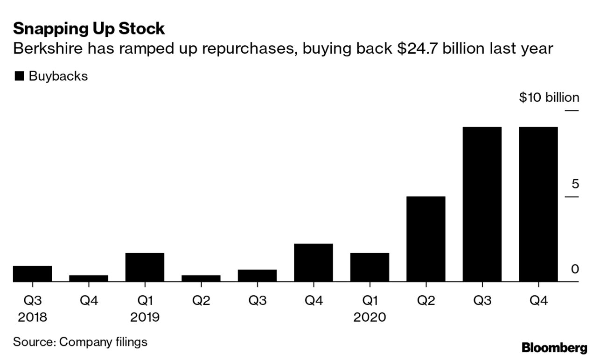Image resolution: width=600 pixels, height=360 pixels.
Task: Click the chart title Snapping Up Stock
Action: click(x=89, y=29)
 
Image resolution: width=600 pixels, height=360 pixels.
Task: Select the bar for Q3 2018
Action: click(x=32, y=274)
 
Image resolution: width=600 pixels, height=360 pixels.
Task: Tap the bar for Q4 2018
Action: click(x=89, y=278)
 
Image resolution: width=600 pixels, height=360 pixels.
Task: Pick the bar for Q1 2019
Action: click(x=145, y=267)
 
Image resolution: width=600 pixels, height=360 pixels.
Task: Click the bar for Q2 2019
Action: click(x=201, y=278)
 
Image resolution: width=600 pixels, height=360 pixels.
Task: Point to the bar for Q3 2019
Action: click(x=257, y=276)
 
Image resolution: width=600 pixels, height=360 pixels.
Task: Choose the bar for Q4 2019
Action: click(x=314, y=263)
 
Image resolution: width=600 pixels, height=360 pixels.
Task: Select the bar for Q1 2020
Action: click(x=370, y=267)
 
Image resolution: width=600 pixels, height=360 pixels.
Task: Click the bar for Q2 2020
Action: click(x=426, y=239)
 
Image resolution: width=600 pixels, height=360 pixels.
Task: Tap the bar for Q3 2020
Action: click(x=482, y=204)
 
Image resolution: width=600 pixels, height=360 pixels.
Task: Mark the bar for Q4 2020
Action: click(x=538, y=204)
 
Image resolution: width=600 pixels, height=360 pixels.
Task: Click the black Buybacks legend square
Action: click(x=19, y=76)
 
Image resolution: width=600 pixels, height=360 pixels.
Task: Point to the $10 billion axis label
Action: click(x=549, y=97)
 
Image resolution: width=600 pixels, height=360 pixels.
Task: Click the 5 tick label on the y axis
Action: click(x=575, y=184)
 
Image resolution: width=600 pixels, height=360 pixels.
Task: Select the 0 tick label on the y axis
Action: click(x=575, y=269)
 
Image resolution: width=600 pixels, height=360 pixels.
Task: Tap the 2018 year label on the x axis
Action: click(x=32, y=318)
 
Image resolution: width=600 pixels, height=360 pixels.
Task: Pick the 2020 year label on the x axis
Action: click(x=370, y=318)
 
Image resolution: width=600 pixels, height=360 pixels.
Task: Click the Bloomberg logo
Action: click(x=554, y=347)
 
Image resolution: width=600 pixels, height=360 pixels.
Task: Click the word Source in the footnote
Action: click(x=33, y=342)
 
